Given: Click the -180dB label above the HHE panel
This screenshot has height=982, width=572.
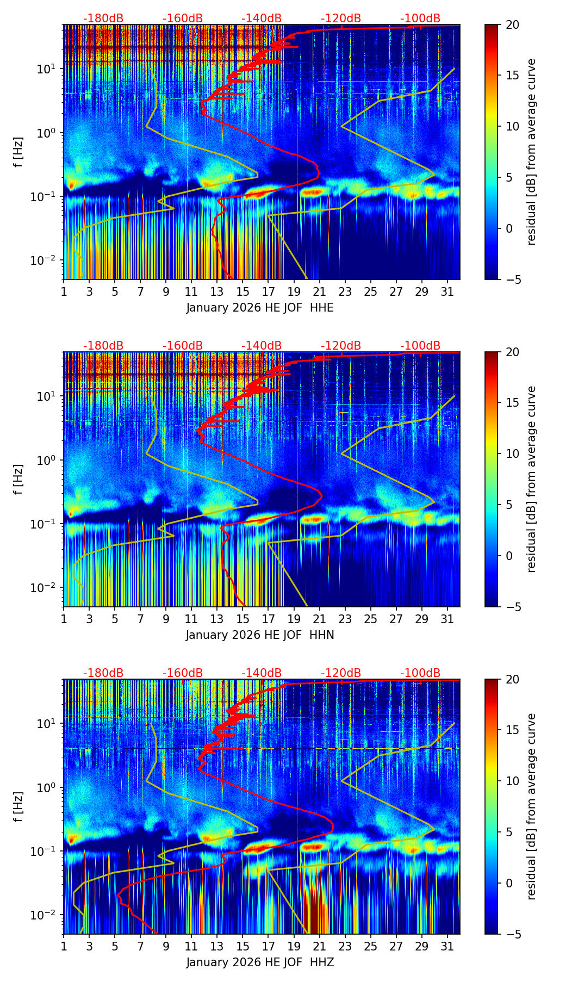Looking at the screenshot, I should pyautogui.click(x=103, y=18).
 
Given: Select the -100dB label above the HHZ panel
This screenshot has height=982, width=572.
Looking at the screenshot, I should pyautogui.click(x=420, y=673).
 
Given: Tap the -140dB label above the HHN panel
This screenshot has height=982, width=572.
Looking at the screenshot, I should pyautogui.click(x=262, y=346).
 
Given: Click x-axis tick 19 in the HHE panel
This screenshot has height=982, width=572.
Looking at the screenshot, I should pyautogui.click(x=294, y=291).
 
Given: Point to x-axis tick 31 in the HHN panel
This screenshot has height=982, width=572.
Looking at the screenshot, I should pyautogui.click(x=447, y=619).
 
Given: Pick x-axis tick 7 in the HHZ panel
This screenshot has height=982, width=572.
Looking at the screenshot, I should pyautogui.click(x=140, y=946).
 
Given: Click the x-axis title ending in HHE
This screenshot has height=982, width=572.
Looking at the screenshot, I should pyautogui.click(x=260, y=308).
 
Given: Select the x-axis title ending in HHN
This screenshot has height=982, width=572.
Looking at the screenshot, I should pyautogui.click(x=260, y=635).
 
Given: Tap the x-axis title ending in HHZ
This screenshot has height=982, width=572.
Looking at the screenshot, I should pyautogui.click(x=260, y=962).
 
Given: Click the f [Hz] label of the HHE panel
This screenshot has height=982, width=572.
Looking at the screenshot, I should pyautogui.click(x=18, y=152).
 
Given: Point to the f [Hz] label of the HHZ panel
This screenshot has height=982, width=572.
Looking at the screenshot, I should pyautogui.click(x=18, y=807).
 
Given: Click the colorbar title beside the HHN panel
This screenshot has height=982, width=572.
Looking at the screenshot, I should pyautogui.click(x=532, y=479).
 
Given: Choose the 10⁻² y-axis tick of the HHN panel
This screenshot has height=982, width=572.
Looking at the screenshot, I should pyautogui.click(x=46, y=588).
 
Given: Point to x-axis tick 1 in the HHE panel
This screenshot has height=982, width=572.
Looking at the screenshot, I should pyautogui.click(x=64, y=291).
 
